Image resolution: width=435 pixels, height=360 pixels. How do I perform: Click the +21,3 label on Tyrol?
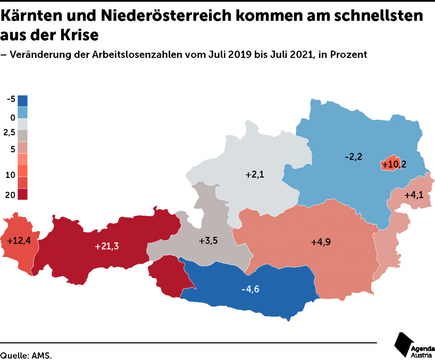click(x=107, y=246)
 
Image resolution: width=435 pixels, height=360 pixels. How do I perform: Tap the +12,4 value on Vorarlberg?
click(x=19, y=241)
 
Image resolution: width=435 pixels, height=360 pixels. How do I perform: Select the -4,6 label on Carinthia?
click(x=250, y=290)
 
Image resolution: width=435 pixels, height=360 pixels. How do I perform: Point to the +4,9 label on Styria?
click(x=321, y=242)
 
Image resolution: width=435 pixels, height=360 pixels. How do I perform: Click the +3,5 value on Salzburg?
click(x=208, y=241)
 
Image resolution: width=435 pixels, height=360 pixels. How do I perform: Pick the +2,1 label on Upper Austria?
click(x=255, y=174)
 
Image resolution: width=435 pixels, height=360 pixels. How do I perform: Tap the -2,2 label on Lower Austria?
click(x=353, y=157)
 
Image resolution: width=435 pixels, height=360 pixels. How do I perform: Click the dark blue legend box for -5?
click(x=23, y=101)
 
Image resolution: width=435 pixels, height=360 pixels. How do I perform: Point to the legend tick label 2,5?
click(x=9, y=133)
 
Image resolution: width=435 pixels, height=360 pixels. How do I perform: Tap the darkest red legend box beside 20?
click(x=23, y=194)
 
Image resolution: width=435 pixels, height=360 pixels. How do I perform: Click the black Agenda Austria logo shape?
click(x=403, y=344)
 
